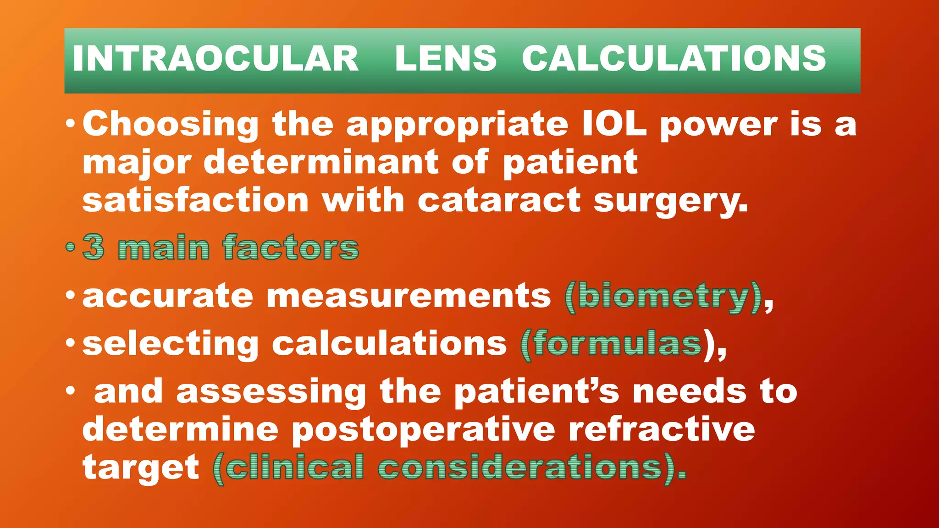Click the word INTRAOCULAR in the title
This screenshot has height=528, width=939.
(x=215, y=59)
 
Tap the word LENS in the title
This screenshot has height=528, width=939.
(x=446, y=59)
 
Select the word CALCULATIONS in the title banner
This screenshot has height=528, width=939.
(x=674, y=59)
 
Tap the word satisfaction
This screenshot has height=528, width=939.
(x=196, y=200)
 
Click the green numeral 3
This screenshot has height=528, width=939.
(x=94, y=247)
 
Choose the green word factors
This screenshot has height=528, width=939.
(x=291, y=247)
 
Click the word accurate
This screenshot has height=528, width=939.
(x=167, y=296)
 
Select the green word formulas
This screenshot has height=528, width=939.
(x=617, y=344)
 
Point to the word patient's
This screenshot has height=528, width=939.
(x=536, y=392)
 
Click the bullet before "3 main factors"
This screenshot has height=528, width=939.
(x=70, y=247)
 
